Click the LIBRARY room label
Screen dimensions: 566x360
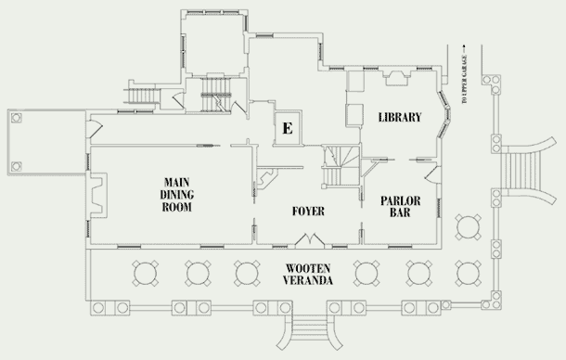[400, 117]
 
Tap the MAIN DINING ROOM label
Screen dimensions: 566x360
[176, 194]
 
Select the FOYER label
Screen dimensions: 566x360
[308, 211]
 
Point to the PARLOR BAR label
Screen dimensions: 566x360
[400, 206]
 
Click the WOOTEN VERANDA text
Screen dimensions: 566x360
[307, 274]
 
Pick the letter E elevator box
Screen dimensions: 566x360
[288, 128]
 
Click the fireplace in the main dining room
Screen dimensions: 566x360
[98, 196]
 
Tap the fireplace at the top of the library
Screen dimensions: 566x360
[396, 77]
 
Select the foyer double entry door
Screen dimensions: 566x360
[310, 240]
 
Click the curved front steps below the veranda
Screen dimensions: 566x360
[309, 331]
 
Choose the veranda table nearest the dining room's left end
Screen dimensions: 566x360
[145, 274]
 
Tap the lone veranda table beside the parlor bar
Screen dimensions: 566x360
[468, 227]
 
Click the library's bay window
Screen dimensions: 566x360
[444, 114]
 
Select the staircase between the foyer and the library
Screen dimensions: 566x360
[341, 166]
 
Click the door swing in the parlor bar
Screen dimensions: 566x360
[432, 174]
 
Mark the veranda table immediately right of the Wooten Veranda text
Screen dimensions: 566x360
[366, 274]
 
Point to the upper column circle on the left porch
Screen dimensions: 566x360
[17, 118]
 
